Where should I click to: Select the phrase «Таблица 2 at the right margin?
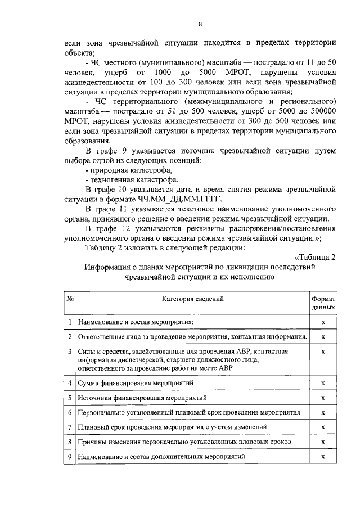[315, 257]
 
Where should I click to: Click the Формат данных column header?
[323, 304]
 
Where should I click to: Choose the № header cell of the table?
[71, 299]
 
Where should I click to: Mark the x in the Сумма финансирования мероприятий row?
[323, 383]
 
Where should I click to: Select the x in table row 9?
[323, 457]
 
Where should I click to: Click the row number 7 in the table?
[69, 427]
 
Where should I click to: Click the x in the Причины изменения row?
[323, 442]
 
